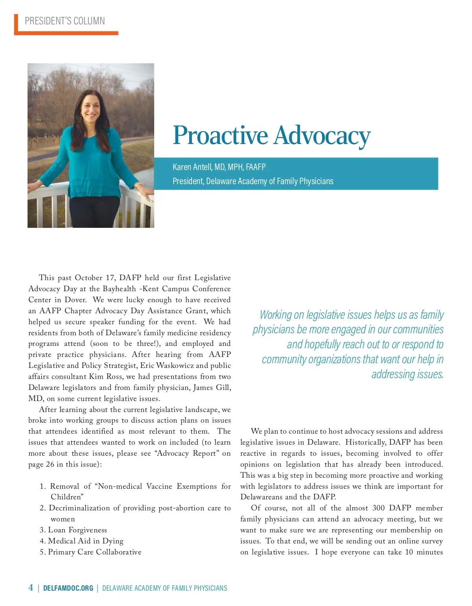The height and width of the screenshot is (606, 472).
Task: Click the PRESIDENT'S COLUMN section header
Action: click(x=65, y=21)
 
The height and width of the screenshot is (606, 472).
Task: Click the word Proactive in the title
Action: click(x=220, y=136)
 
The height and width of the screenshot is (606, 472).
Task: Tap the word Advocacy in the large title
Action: click(x=322, y=136)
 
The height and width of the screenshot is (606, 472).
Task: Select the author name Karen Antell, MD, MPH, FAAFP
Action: click(x=219, y=167)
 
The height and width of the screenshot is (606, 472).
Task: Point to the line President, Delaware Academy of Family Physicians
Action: click(x=253, y=181)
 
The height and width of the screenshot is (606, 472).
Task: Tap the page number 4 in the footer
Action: click(x=31, y=588)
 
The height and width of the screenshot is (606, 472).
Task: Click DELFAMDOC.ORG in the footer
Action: click(x=68, y=588)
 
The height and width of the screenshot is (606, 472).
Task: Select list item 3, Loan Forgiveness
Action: click(x=74, y=530)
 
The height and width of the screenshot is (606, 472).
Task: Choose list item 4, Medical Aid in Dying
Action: click(x=82, y=541)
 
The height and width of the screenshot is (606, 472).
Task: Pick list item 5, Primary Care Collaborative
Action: click(x=90, y=552)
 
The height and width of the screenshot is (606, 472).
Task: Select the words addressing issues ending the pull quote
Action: click(x=407, y=374)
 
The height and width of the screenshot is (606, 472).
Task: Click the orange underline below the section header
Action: click(x=66, y=33)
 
